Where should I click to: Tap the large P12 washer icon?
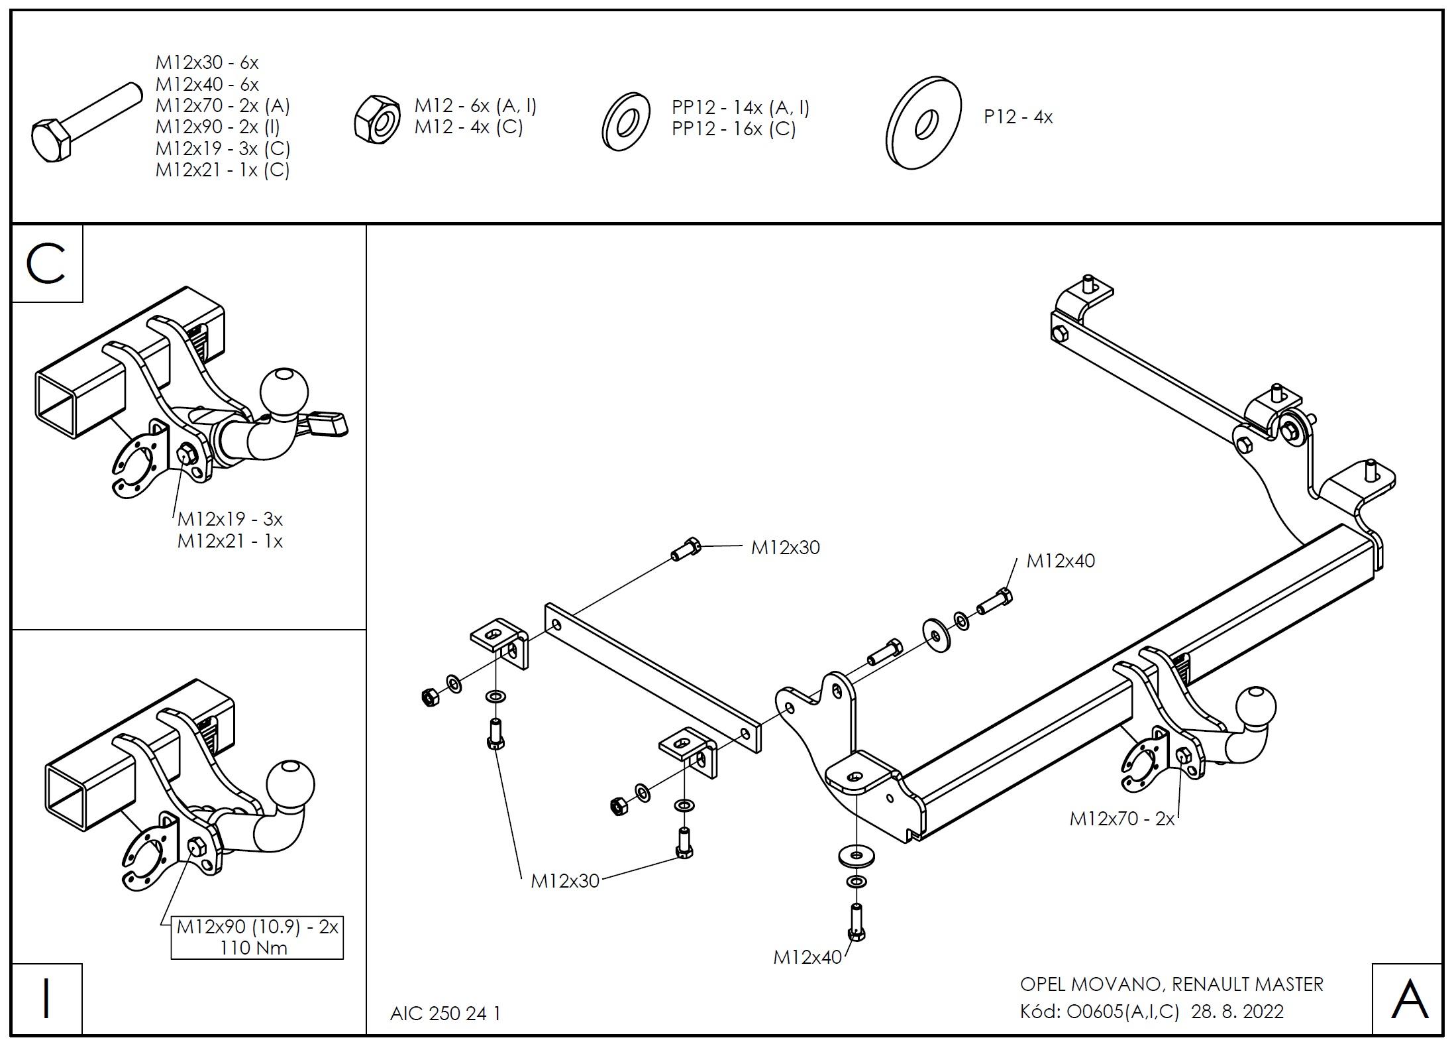[x=923, y=123]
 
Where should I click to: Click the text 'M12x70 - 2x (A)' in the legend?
[x=223, y=106]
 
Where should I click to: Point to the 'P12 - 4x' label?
[x=1017, y=117]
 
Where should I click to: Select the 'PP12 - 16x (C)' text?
[x=733, y=129]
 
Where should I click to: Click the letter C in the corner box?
[x=46, y=264]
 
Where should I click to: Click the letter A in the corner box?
[x=1410, y=1000]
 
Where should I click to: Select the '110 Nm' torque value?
[x=254, y=948]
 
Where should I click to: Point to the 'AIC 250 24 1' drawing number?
[x=445, y=1014]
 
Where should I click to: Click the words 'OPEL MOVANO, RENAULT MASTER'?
[x=1171, y=984]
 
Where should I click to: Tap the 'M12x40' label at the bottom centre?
[x=807, y=957]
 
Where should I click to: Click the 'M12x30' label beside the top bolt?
[x=785, y=548]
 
